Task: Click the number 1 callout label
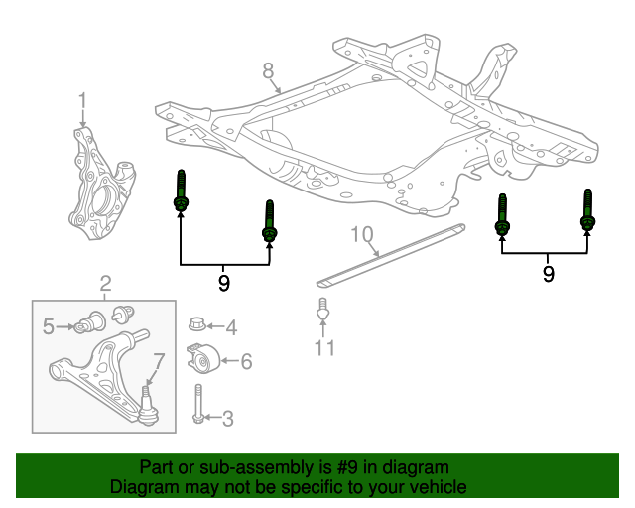coord(83,100)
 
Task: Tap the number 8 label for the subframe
coord(267,70)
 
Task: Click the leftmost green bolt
coord(181,192)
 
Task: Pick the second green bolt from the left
coord(269,222)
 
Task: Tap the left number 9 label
coord(224,283)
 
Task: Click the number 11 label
coord(324,347)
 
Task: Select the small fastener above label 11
coord(322,310)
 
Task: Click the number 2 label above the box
coord(104,286)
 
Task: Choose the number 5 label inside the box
coord(48,324)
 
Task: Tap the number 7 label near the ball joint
coord(158,361)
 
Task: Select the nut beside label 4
coord(196,324)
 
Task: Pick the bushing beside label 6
coord(202,359)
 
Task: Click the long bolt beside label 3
coord(197,406)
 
